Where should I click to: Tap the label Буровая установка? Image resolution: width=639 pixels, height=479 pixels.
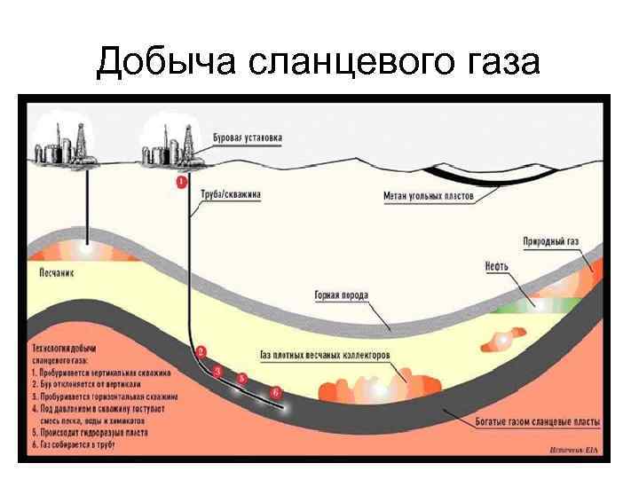(248, 138)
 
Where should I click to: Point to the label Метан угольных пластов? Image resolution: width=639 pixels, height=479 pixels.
(429, 194)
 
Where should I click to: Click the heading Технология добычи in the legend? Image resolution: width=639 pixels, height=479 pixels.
(64, 348)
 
